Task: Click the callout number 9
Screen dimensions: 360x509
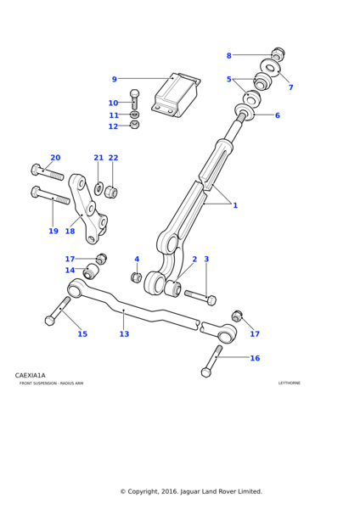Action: click(x=114, y=79)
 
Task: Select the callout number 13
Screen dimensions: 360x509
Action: click(x=124, y=334)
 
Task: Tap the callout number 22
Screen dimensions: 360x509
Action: click(x=113, y=158)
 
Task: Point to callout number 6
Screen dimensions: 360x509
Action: click(x=277, y=115)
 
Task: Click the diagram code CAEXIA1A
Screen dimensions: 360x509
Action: click(x=31, y=376)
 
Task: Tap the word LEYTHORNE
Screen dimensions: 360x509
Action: click(x=290, y=383)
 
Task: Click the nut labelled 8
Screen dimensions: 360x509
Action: click(x=278, y=53)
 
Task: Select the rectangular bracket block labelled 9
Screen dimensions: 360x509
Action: click(x=176, y=94)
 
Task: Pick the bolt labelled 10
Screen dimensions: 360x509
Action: click(x=134, y=99)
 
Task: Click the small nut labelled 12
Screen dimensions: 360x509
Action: click(x=134, y=125)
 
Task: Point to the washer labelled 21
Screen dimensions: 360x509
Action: click(x=98, y=189)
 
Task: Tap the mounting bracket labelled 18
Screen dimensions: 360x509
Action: click(x=87, y=208)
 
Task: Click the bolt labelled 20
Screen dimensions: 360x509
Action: click(x=48, y=172)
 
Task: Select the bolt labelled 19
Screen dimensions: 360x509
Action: click(x=50, y=195)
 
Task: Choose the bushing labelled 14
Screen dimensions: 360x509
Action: click(x=91, y=271)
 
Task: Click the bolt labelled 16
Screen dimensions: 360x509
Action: click(x=212, y=361)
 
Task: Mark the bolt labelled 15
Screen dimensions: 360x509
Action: click(x=58, y=311)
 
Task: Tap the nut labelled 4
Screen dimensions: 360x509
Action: click(x=137, y=277)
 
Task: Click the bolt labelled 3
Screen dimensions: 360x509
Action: click(x=200, y=298)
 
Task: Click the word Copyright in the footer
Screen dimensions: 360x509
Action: click(x=143, y=491)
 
